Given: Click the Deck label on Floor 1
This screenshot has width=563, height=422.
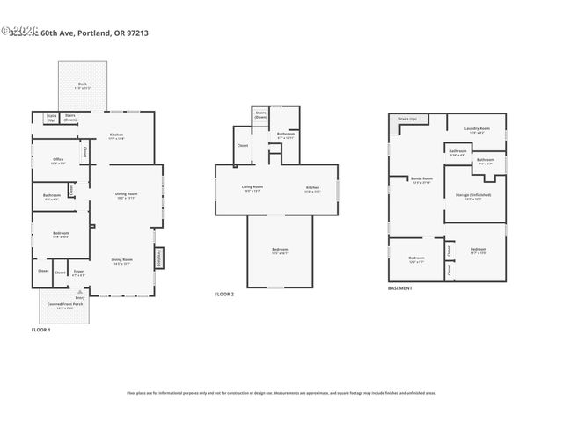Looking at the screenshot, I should [83, 86].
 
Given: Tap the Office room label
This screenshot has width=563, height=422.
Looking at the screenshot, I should [58, 161].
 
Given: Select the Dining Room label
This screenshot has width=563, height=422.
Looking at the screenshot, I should [127, 196].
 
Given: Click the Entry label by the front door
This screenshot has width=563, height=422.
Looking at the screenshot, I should [80, 298].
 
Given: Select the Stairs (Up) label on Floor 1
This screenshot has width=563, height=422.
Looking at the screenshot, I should [52, 117].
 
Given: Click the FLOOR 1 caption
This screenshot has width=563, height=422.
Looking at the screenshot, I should [41, 329].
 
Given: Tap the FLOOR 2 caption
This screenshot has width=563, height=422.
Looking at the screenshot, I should [224, 294].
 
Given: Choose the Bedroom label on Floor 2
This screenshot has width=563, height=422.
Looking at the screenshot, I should [279, 251].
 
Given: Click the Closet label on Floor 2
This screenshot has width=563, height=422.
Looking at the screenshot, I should [243, 145].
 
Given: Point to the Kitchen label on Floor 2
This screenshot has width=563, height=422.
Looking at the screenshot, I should [312, 188].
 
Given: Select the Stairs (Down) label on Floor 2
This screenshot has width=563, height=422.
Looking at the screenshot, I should [260, 114].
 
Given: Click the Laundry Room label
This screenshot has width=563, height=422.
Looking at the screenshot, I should [477, 130].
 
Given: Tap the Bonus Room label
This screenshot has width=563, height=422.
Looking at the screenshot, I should [420, 179].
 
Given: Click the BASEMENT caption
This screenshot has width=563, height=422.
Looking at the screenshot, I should [402, 288].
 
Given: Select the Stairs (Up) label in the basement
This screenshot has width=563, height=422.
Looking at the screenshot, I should [406, 118].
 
